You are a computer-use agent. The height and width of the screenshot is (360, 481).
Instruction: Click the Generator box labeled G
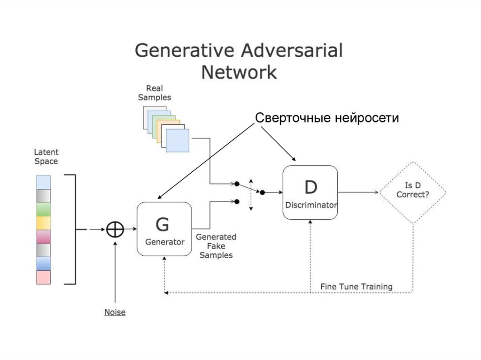coord(164,229)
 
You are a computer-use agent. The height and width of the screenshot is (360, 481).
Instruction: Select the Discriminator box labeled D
coord(310,192)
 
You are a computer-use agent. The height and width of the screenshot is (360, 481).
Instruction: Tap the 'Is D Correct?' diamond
coord(413,192)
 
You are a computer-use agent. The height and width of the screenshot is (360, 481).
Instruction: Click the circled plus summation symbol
coord(115,230)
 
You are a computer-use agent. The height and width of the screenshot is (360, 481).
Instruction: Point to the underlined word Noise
coord(115,312)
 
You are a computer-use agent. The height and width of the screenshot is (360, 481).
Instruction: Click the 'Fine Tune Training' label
coord(356,286)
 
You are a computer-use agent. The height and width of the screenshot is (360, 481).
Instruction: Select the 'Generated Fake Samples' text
coord(216,246)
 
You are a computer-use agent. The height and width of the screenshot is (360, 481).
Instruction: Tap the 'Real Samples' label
coord(155,93)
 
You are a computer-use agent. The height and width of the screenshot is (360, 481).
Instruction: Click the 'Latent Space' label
coord(46,157)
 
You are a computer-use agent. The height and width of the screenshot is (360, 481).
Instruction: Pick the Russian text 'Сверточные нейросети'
coord(327,118)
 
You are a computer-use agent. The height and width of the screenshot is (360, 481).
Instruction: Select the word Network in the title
coord(239,73)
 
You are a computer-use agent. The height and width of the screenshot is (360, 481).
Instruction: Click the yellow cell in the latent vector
coord(43,222)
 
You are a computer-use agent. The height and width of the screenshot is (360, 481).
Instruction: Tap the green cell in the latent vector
coord(43,209)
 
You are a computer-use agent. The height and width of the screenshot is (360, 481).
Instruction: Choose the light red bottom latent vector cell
coord(43,277)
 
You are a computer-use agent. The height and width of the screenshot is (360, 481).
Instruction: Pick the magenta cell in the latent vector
coord(43,236)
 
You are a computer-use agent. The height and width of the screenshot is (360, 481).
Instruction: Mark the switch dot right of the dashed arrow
coord(263,192)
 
